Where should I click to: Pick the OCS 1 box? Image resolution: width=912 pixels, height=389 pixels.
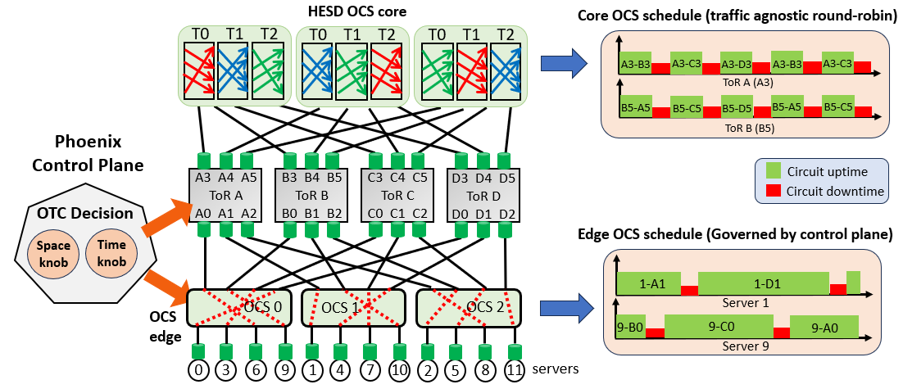coord(354,307)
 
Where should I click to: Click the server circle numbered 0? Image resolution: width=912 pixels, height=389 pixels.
coord(198,369)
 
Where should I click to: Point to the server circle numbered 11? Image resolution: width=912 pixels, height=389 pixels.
coord(514,369)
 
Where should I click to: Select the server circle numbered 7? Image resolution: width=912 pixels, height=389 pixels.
coord(370,369)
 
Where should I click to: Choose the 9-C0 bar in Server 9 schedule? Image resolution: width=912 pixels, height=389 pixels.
coord(720,327)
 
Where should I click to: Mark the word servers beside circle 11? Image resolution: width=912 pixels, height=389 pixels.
coord(554,369)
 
